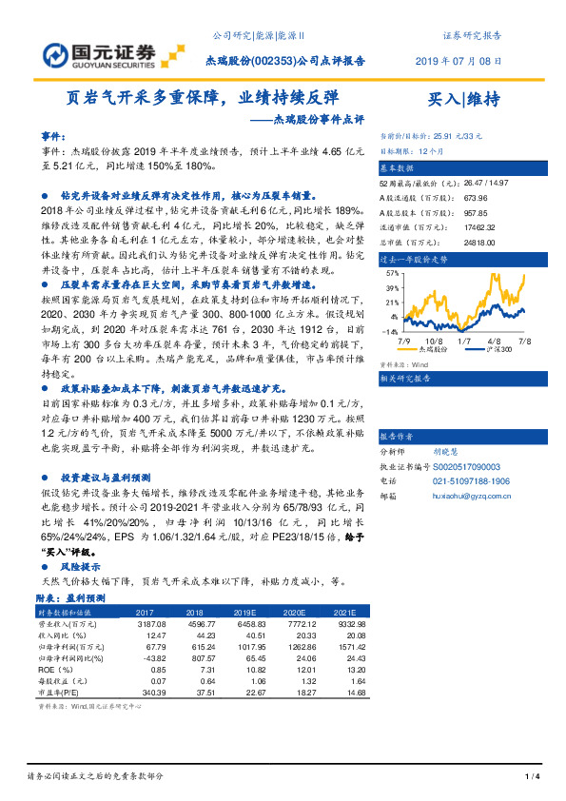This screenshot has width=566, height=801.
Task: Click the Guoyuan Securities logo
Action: [99, 54]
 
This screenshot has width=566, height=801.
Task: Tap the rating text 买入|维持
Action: [465, 98]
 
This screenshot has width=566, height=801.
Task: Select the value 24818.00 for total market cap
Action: [479, 243]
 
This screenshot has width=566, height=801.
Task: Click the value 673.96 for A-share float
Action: [477, 197]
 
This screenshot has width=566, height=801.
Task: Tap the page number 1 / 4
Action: [533, 777]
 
